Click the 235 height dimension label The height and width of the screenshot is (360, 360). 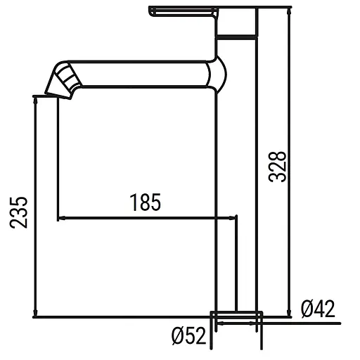pyautogui.click(x=19, y=210)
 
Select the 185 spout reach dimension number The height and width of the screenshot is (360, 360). pyautogui.click(x=146, y=202)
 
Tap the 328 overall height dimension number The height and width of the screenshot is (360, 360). pyautogui.click(x=278, y=166)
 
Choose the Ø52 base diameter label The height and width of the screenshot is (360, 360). pyautogui.click(x=188, y=336)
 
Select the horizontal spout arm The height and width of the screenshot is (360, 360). pyautogui.click(x=141, y=75)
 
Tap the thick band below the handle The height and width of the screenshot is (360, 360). pyautogui.click(x=238, y=35)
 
